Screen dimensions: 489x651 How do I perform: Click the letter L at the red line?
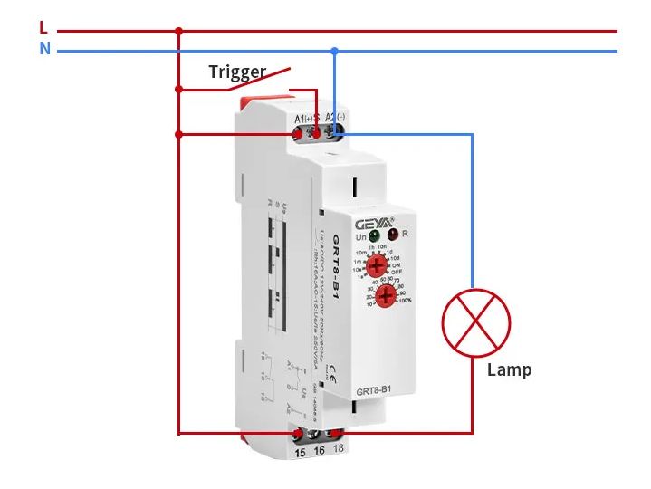tap(43, 28)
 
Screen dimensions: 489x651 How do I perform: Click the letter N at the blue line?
tap(44, 49)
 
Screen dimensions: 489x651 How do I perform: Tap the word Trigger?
tap(237, 72)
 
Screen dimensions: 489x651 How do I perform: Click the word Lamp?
tap(509, 369)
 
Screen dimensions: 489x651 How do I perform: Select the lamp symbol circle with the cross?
tap(476, 323)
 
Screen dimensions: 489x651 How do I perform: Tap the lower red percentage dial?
tap(387, 298)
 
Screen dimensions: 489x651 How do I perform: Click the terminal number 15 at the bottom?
tap(300, 451)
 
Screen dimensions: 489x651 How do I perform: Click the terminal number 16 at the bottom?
tap(319, 451)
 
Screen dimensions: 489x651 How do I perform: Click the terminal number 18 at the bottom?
tap(338, 451)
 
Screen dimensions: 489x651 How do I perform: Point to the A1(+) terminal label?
tap(303, 119)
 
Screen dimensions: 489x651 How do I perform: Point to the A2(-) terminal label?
tap(334, 118)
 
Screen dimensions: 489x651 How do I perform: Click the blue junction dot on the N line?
tap(334, 51)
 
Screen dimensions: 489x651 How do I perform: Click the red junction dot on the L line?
tap(178, 31)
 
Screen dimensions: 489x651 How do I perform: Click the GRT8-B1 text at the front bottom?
tap(373, 390)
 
